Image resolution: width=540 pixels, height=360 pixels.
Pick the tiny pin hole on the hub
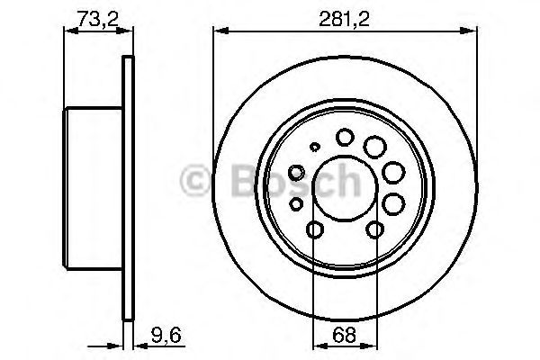pos(314,147)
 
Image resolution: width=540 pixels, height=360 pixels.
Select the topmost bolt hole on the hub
pos(345,137)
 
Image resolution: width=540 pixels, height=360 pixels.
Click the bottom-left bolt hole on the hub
pos(313,231)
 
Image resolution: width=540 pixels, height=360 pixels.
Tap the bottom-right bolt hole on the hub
pos(373,231)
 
